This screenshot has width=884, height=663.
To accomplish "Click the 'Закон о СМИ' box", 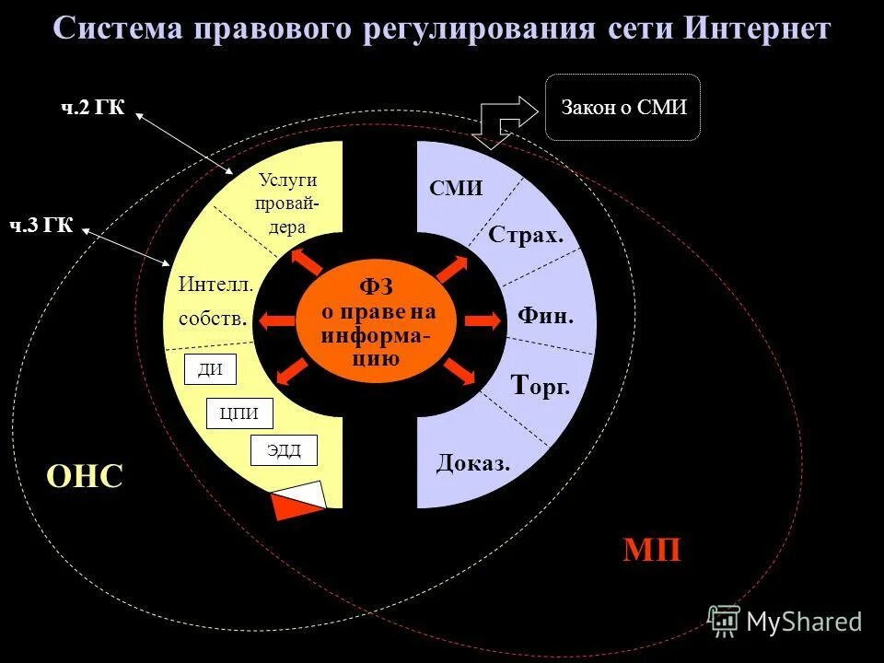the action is point(623,108).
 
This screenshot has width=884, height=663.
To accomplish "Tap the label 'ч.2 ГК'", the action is point(93,109).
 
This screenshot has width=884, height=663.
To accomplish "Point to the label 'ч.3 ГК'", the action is point(41,225).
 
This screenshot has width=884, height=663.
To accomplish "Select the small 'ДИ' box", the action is point(211,369).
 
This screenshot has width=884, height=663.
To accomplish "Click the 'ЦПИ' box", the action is point(238,413).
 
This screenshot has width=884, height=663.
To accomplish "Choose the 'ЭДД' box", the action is point(284,449).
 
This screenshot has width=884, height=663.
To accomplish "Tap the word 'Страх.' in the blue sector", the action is point(525,235).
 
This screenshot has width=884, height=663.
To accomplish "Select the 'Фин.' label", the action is point(545,316).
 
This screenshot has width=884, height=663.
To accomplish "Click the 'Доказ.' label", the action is point(473,463).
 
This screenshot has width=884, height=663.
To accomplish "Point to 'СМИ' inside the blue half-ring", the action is point(456,188).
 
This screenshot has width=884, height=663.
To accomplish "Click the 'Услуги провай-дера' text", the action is point(286,204).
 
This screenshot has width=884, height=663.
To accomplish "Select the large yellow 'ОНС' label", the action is point(84,476).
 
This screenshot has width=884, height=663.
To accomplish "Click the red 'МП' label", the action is point(652,550).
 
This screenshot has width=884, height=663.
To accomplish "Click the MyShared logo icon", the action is point(724,621).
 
